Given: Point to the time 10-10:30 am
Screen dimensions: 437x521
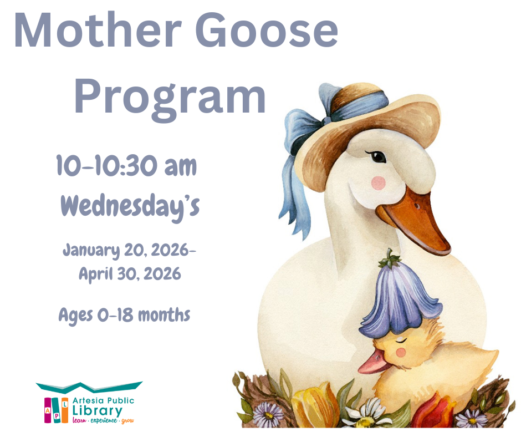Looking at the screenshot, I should (127, 166).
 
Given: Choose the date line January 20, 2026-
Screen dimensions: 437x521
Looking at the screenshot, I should (129, 250).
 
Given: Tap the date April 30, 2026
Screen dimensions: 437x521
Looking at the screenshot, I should (130, 273).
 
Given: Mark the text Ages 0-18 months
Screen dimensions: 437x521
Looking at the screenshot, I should (125, 316).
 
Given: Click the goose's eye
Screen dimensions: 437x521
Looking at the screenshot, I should (379, 157).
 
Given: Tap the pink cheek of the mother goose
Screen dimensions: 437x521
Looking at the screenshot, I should (379, 182).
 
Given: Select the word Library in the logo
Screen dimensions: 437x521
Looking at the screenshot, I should (97, 410).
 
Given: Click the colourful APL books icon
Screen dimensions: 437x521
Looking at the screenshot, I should (56, 409).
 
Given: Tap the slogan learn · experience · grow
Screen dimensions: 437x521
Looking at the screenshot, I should (103, 421).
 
